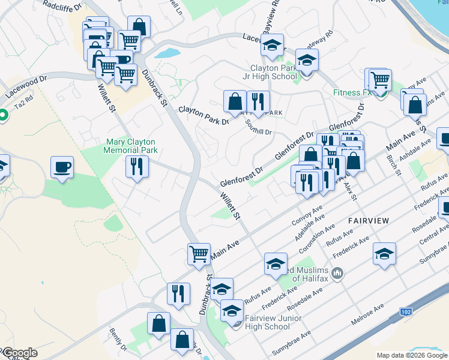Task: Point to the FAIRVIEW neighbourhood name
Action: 369,221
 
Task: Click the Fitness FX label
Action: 353,93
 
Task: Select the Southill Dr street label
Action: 259,127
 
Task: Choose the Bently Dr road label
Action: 119,340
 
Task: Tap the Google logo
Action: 19,353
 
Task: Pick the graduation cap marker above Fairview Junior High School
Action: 221,290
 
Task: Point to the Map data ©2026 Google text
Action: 411,355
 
